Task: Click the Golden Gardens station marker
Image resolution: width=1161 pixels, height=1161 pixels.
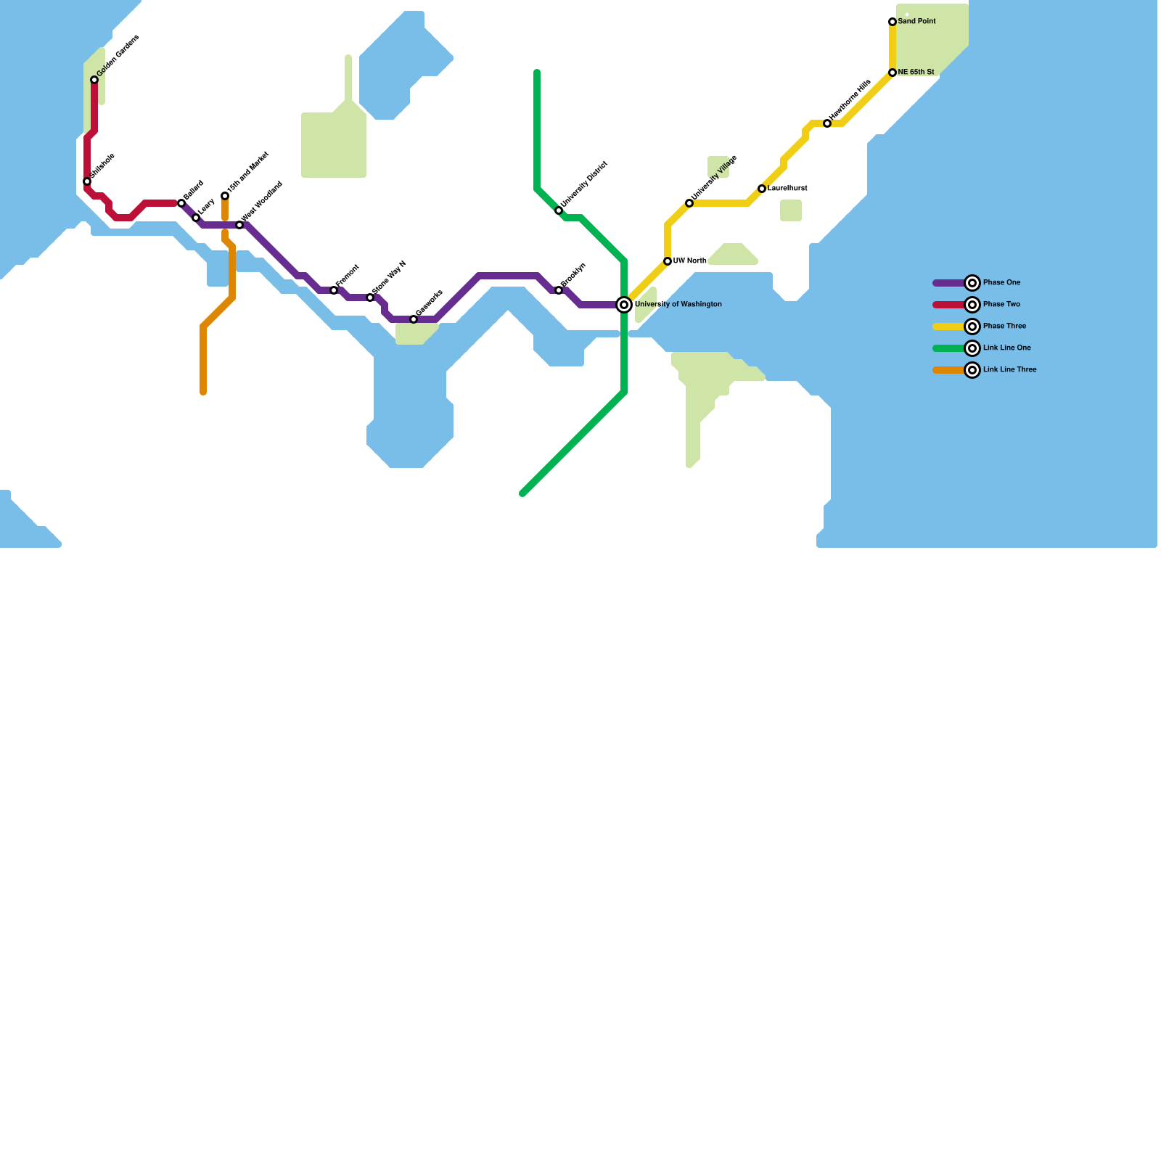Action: coord(94,80)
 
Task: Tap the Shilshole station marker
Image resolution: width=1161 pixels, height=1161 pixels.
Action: coord(87,181)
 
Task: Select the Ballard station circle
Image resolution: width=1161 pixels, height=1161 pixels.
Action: coord(181,203)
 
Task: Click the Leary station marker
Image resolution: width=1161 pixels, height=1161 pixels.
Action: coord(196,218)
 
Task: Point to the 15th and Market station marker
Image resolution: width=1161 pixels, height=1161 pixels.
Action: coord(225,196)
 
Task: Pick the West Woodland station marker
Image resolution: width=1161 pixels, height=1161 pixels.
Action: coord(239,225)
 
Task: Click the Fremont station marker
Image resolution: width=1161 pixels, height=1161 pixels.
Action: coord(334,290)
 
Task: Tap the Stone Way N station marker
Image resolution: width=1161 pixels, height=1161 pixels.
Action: coord(370,298)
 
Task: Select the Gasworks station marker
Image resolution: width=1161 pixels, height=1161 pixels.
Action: coord(414,319)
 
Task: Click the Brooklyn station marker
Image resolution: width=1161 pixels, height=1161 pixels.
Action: coord(559,290)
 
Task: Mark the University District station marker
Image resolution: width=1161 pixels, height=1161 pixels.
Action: coord(559,210)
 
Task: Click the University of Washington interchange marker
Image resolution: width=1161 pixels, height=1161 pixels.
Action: coord(624,305)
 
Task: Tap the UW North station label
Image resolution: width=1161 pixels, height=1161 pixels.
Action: coord(689,261)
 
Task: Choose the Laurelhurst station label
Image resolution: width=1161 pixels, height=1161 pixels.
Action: coord(787,189)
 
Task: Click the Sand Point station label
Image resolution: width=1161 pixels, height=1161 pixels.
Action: coord(916,22)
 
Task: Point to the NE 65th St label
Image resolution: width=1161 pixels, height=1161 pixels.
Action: coord(916,73)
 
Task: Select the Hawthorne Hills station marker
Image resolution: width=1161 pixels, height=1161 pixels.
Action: coord(827,123)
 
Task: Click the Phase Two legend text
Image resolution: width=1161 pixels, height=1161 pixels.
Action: coord(1001,305)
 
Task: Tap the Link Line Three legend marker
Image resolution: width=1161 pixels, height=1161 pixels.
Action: coord(972,370)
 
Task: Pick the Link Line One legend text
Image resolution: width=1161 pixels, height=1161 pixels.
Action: coord(1006,348)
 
